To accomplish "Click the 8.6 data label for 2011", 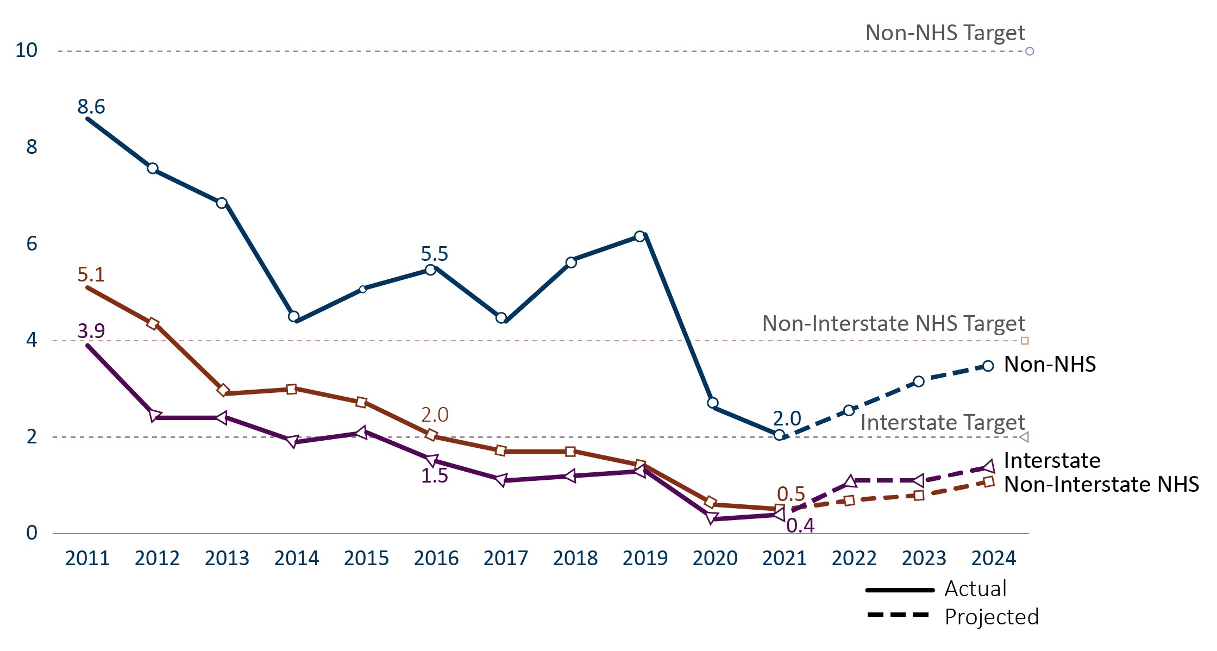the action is [x=91, y=107].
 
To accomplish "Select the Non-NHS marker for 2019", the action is [x=639, y=236].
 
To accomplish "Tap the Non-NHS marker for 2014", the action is [x=293, y=316].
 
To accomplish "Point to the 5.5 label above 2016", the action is [x=435, y=254].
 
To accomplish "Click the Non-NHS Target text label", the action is [x=945, y=33].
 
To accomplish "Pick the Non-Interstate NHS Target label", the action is [x=894, y=324].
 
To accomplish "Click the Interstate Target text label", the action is [x=943, y=423].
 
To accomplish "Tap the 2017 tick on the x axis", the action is [x=506, y=558].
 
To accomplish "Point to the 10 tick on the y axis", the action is [x=26, y=50].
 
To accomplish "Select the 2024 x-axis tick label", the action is [x=994, y=558].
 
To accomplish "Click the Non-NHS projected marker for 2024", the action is [x=988, y=366].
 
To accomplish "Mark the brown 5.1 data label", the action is [x=91, y=274].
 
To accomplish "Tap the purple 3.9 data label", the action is [x=91, y=330].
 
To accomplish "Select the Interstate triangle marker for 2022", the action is [x=850, y=481].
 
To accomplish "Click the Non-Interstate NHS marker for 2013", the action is [x=223, y=390].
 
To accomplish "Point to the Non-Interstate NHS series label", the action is [x=1101, y=484].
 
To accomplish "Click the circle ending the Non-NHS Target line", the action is [x=1030, y=51].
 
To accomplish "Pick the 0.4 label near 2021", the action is [x=800, y=525].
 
